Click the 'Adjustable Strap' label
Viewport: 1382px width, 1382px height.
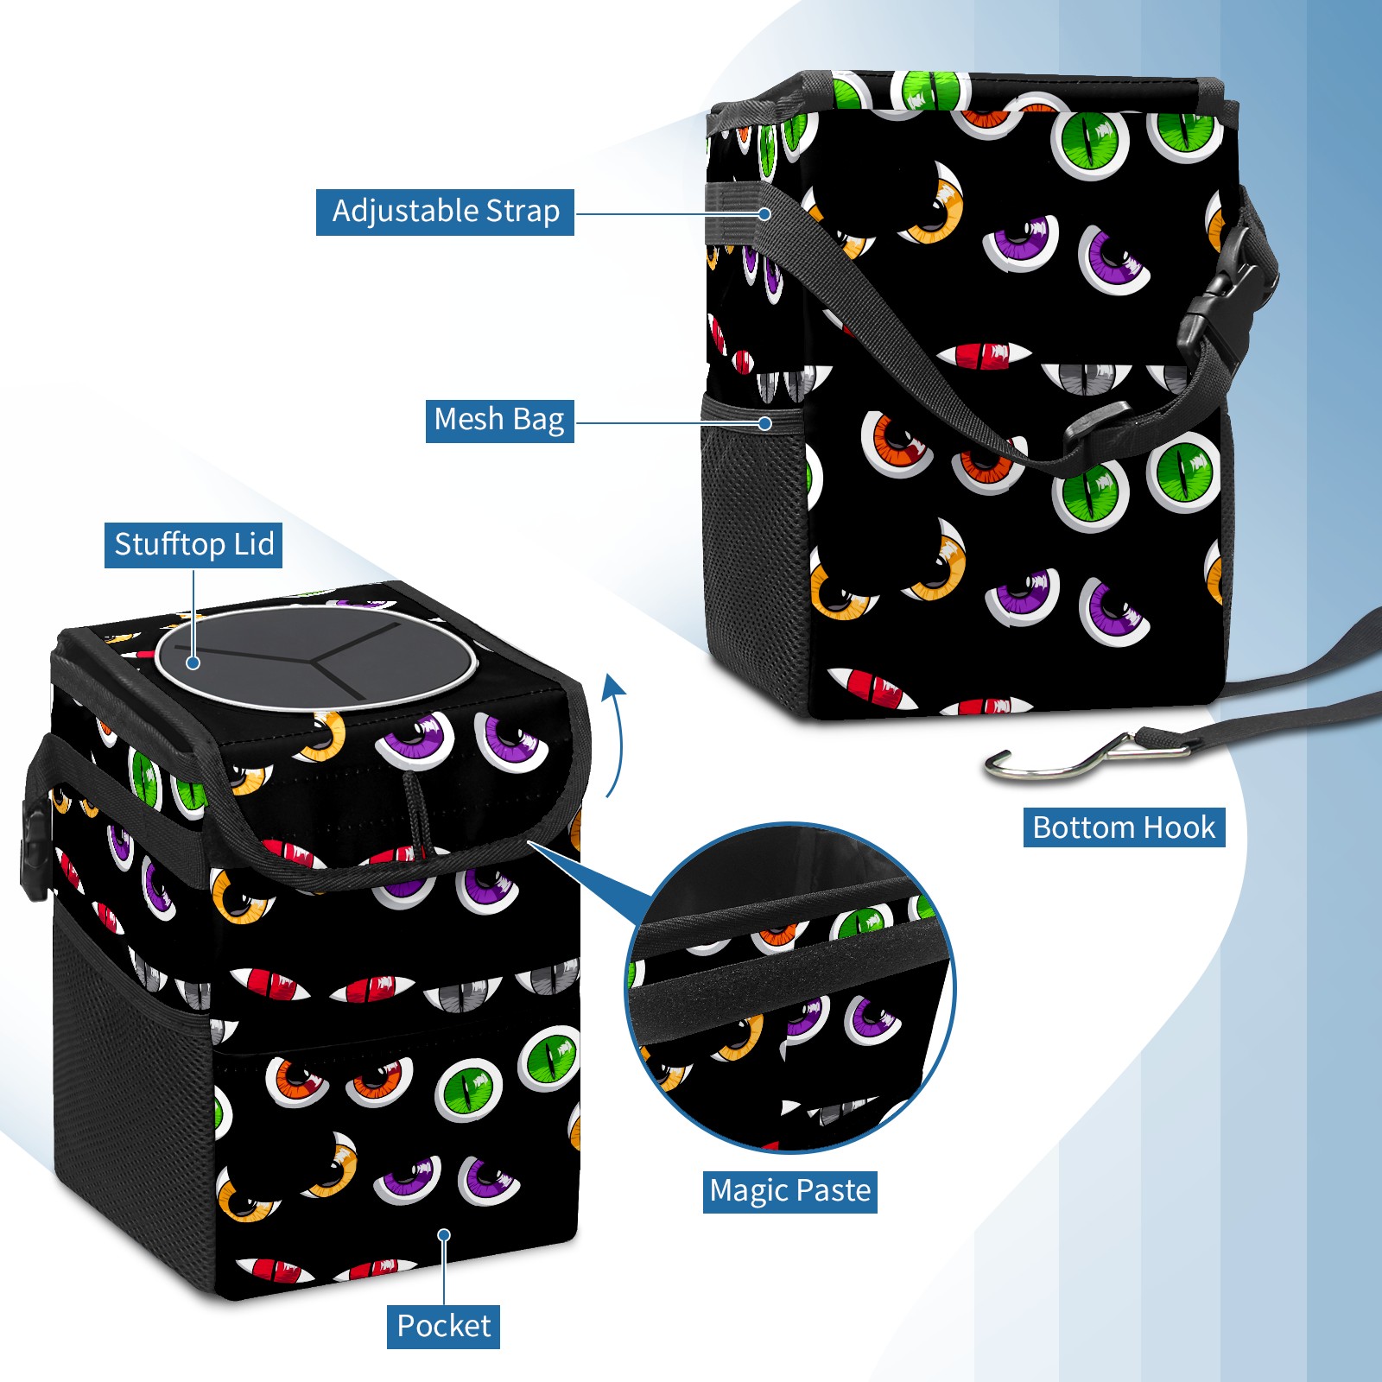[x=445, y=212]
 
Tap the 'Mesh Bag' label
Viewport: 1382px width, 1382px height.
[x=499, y=420]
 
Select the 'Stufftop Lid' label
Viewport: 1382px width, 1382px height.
[x=193, y=545]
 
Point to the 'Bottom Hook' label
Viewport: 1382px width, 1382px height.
[x=1124, y=827]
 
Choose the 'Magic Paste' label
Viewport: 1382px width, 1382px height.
[x=789, y=1191]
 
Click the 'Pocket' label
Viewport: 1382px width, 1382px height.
[x=443, y=1326]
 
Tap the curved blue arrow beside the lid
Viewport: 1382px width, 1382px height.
[x=614, y=734]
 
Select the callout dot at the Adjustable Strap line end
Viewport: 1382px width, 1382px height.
[x=764, y=213]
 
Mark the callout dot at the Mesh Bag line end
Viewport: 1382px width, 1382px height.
[x=764, y=423]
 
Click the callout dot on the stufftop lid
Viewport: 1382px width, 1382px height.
[x=193, y=662]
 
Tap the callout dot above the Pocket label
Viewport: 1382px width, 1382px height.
[x=444, y=1235]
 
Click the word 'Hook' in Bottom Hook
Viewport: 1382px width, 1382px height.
[x=1179, y=827]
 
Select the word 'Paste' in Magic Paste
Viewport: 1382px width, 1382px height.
[x=834, y=1191]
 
